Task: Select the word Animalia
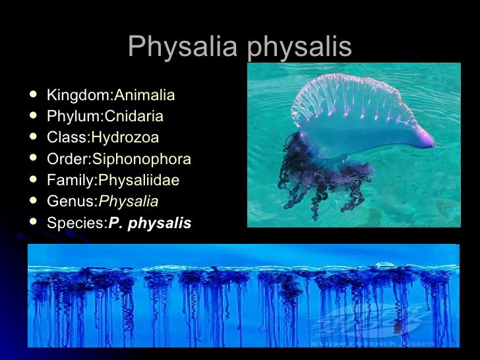pyautogui.click(x=144, y=96)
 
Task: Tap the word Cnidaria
pyautogui.click(x=134, y=117)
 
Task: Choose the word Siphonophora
pyautogui.click(x=142, y=159)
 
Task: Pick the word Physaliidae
pyautogui.click(x=138, y=180)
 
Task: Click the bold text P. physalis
pyautogui.click(x=150, y=223)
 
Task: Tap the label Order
pyautogui.click(x=67, y=159)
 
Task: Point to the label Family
pyautogui.click(x=71, y=180)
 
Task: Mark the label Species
pyautogui.click(x=76, y=223)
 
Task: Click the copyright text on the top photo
pyautogui.click(x=404, y=223)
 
